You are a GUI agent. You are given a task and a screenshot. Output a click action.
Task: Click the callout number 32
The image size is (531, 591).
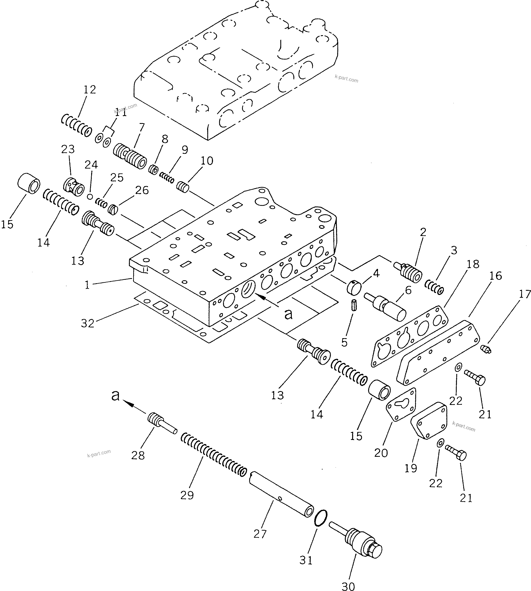click(88, 323)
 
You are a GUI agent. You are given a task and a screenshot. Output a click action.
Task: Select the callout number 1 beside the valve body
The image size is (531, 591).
click(87, 285)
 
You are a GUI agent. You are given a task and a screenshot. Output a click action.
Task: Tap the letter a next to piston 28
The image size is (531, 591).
click(116, 395)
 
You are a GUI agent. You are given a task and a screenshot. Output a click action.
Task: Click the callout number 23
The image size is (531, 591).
click(68, 150)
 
